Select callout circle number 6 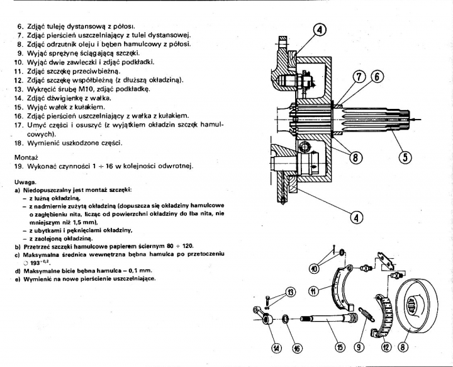coord(377,76)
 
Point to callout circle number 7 coord(358,76)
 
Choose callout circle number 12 coord(386,346)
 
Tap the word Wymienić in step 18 coord(48,143)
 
